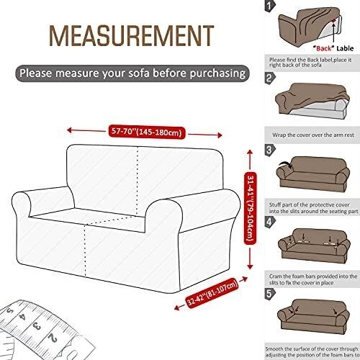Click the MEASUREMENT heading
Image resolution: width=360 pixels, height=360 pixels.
[x=131, y=36]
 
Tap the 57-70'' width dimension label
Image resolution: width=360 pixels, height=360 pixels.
[x=147, y=132]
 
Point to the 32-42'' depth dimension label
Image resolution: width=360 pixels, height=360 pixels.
[x=212, y=293]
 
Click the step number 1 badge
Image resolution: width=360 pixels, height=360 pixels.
[x=270, y=6]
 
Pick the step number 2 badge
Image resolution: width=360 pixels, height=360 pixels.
[x=270, y=78]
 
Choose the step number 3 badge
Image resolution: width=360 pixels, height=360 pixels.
[x=270, y=150]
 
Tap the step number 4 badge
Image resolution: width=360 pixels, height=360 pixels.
[x=270, y=222]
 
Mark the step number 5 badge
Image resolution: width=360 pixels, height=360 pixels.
[x=270, y=294]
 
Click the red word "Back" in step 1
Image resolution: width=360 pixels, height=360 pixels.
[x=323, y=48]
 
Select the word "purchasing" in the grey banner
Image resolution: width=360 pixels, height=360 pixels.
[x=217, y=73]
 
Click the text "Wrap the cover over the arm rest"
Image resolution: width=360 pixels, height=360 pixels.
[x=313, y=135]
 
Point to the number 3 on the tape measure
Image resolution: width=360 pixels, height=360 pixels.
[x=37, y=326]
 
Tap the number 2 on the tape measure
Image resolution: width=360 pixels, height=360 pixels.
[x=53, y=338]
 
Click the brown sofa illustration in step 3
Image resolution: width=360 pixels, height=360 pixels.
[x=313, y=174]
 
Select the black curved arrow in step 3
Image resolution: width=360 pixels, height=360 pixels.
[x=285, y=164]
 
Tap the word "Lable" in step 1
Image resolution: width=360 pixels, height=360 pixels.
[x=345, y=48]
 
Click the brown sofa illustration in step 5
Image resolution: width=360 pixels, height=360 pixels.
[x=313, y=316]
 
